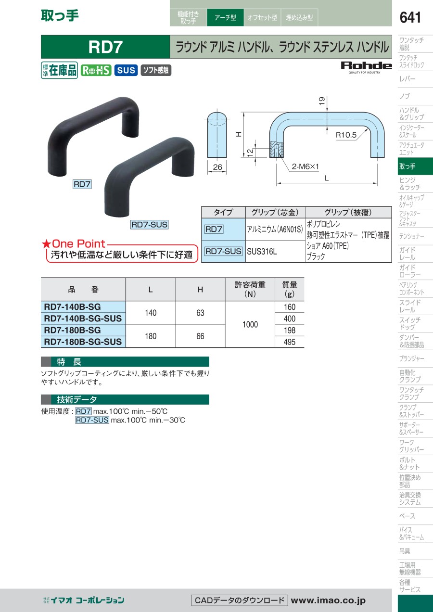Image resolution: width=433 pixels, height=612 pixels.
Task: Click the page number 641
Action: click(410, 17)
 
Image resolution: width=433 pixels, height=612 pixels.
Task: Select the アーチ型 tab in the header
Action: click(225, 17)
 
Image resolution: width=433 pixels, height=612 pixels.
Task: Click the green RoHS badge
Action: click(96, 70)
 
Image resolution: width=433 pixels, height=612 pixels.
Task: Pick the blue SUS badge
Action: click(126, 70)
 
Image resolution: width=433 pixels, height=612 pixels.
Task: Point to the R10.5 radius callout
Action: click(346, 135)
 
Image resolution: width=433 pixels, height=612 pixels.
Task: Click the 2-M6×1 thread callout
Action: click(305, 166)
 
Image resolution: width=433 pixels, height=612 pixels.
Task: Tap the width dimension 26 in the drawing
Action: click(217, 167)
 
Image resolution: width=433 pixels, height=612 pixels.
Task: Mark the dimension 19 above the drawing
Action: click(322, 101)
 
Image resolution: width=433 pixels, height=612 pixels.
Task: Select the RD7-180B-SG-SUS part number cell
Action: click(83, 342)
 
